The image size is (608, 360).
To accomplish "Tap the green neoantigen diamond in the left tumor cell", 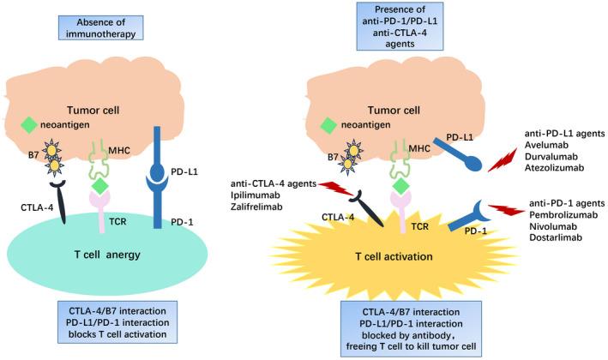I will (x=30, y=124).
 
